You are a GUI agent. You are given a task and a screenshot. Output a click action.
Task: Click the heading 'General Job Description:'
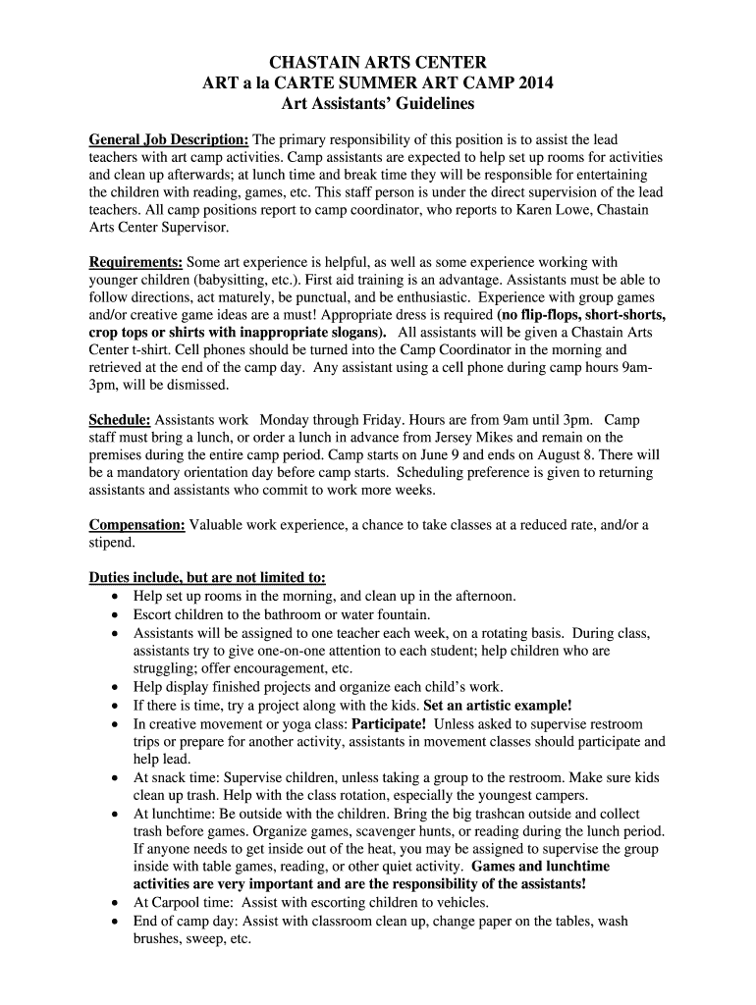coord(169,140)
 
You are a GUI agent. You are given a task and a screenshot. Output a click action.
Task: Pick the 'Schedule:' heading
coord(120,419)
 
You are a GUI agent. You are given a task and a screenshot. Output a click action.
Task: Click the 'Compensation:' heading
coord(137,525)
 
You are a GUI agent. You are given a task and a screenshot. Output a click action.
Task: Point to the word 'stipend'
coord(111,543)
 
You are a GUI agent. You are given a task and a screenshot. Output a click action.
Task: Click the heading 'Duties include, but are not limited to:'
coord(207,577)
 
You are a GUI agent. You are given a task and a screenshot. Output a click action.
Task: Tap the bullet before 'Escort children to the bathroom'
coord(117,614)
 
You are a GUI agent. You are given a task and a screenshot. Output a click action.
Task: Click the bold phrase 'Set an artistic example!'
coord(498,706)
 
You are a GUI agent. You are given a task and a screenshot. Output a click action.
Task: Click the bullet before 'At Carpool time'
coord(117,903)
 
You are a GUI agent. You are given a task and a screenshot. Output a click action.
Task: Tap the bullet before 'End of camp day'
coord(117,922)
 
